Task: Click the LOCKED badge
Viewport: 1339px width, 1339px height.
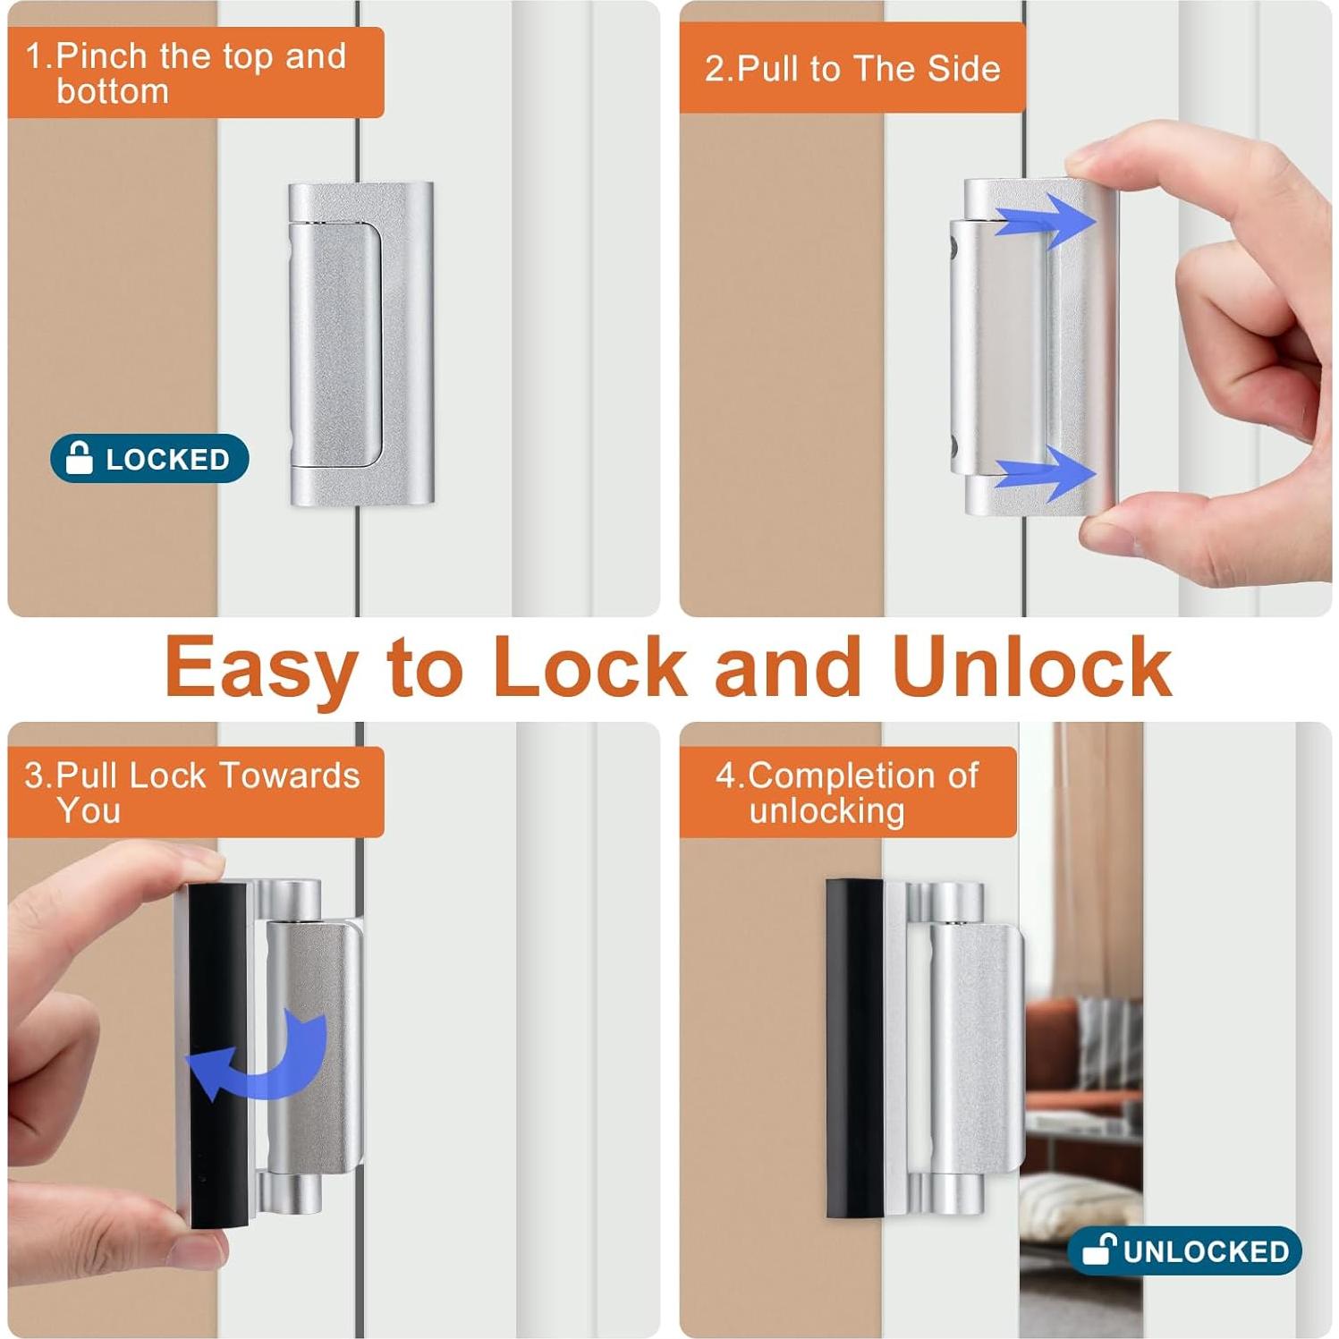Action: coord(149,459)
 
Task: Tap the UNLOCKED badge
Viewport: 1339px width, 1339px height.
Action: coord(1183,1250)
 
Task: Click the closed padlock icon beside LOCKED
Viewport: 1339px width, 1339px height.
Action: coord(80,458)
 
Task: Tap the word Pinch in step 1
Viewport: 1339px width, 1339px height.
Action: coord(101,56)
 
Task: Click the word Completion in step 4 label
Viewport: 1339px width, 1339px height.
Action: coord(862,775)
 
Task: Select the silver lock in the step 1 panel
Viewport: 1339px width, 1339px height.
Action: coord(361,344)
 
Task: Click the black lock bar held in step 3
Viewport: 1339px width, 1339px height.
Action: coord(217,1055)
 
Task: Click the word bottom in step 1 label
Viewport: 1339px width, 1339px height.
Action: coord(113,91)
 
